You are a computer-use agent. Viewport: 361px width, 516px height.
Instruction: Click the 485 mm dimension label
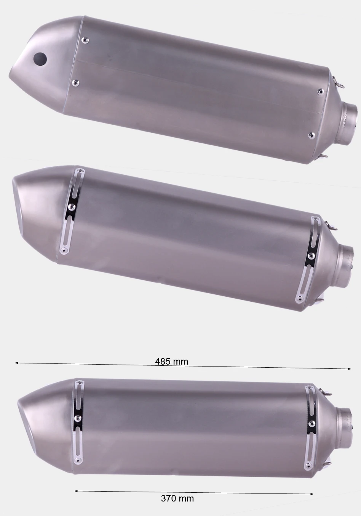(171, 361)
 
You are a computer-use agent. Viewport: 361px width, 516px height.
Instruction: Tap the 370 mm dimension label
(177, 498)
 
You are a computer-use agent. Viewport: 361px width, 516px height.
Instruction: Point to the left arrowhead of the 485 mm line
(17, 363)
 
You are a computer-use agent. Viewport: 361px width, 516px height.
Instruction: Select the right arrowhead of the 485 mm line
(349, 369)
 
